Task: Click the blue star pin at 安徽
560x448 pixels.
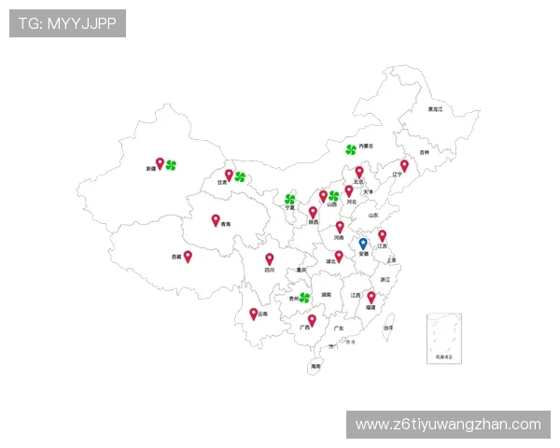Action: (x=363, y=245)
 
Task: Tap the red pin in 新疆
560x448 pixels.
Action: (x=160, y=163)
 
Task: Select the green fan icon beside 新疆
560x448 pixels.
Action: (x=171, y=165)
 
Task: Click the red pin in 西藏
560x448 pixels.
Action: (x=188, y=256)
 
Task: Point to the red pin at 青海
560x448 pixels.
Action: (x=216, y=220)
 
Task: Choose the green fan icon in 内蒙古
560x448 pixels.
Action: (x=351, y=148)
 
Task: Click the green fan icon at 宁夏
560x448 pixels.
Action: (x=289, y=199)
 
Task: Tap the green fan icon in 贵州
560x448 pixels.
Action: (x=304, y=298)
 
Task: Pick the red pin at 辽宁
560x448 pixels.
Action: (x=404, y=165)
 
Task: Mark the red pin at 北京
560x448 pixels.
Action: (x=359, y=173)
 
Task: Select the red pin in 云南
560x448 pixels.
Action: (x=254, y=314)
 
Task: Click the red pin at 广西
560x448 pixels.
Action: (x=312, y=321)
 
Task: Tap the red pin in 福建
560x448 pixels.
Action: (x=371, y=297)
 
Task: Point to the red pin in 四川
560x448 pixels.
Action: (x=270, y=259)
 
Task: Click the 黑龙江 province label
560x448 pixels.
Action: (x=435, y=109)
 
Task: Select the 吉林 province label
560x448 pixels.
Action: (x=425, y=152)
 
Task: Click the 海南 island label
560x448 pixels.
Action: (x=315, y=367)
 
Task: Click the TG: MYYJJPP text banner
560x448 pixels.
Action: (x=67, y=23)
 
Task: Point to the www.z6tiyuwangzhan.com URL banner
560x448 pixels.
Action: (x=448, y=425)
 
